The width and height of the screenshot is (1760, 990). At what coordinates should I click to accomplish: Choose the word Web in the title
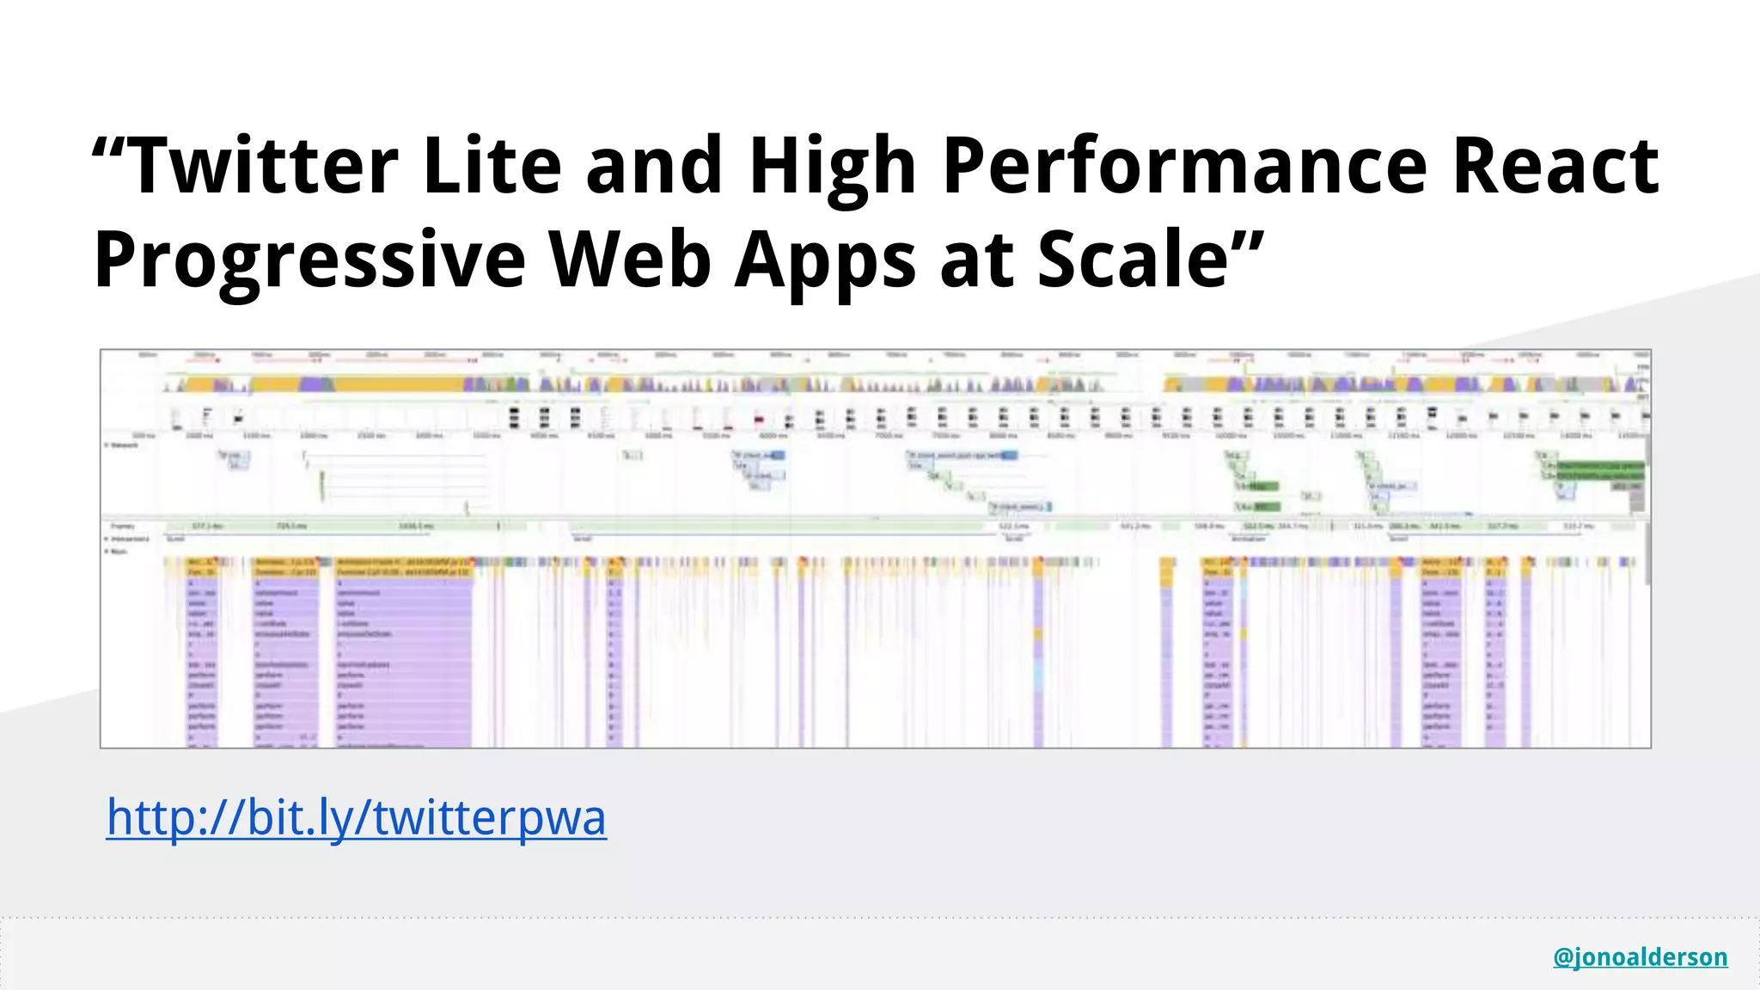click(631, 259)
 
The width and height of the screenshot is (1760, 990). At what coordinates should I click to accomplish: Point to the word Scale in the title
click(1133, 259)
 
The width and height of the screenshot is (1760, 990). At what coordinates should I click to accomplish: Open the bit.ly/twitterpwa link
click(356, 817)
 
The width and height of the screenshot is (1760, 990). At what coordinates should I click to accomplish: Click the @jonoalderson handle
click(1640, 956)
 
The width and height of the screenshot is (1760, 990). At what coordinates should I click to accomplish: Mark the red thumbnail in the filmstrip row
click(759, 419)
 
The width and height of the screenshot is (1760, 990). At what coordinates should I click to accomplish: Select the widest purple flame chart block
click(404, 653)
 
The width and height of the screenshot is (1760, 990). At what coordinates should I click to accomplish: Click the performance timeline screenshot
click(875, 548)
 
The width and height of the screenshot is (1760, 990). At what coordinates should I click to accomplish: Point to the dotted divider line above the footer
click(880, 918)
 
